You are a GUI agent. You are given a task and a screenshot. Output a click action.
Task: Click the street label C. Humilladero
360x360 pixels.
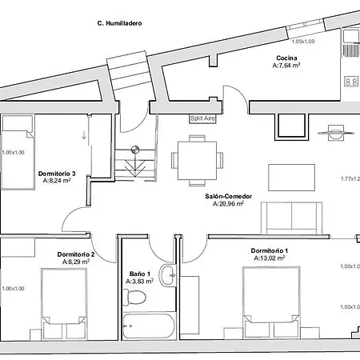119,23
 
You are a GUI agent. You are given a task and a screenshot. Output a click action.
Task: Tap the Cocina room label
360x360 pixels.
286,58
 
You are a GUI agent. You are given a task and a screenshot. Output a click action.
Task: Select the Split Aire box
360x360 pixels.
202,118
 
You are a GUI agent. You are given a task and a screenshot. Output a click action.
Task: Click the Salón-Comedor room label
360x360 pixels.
229,196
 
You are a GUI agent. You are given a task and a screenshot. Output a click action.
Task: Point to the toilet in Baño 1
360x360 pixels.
135,297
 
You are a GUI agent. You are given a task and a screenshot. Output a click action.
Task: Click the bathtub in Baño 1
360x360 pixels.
149,326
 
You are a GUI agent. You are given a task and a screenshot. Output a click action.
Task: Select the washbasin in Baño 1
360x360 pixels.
167,275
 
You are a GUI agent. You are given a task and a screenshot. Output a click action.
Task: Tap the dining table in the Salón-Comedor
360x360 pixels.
197,161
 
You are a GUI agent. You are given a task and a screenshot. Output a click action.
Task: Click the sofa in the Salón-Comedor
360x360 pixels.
292,218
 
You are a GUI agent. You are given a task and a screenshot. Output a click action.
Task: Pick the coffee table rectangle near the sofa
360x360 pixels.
292,178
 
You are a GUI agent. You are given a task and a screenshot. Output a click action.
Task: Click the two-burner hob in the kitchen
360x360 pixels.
351,82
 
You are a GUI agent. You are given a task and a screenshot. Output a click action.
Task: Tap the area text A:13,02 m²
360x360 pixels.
270,258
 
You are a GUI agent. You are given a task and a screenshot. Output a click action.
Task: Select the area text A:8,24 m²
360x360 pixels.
57,181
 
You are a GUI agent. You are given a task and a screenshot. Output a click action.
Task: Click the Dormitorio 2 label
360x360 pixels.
76,254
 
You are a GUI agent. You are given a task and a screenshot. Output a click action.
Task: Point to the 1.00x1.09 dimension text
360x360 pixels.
303,42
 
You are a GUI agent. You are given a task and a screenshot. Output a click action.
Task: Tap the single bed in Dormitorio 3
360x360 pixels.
18,152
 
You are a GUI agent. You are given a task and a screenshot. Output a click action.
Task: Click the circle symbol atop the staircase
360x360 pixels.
135,150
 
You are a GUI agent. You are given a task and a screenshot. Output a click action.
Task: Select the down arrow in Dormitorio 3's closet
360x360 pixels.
84,135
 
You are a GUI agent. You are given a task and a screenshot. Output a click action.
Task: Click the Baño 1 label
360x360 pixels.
140,274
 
